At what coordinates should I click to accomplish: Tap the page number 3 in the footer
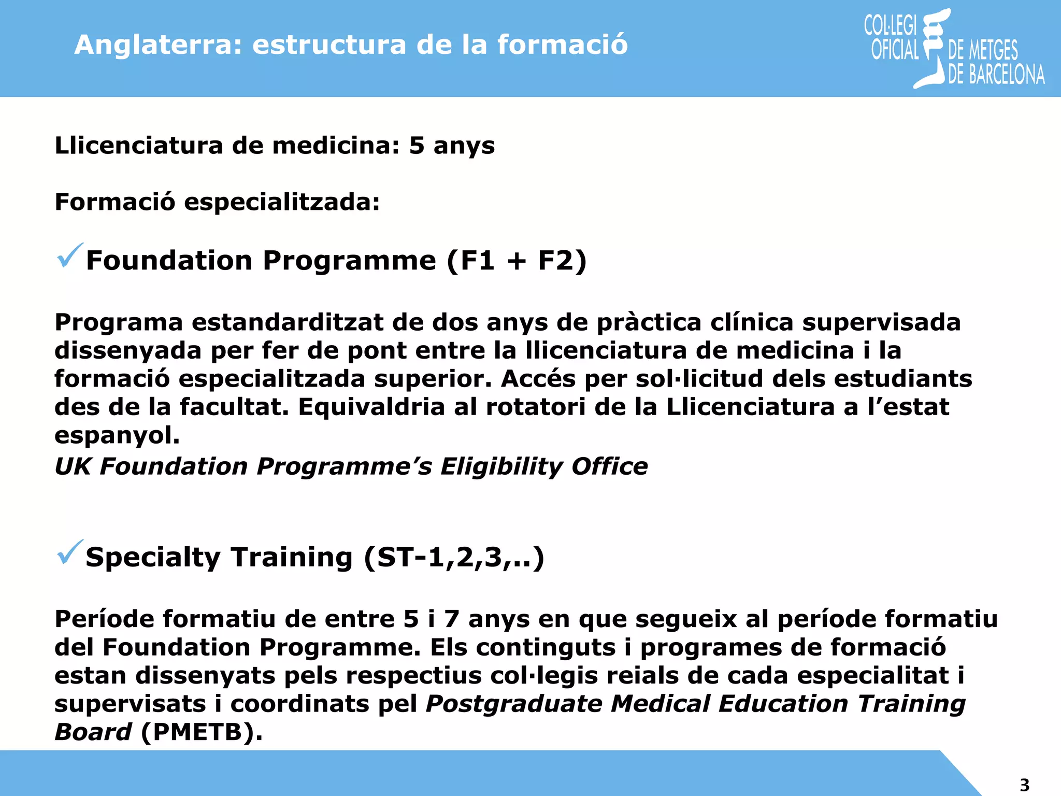pos(1024,785)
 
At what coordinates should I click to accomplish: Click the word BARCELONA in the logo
pos(1007,75)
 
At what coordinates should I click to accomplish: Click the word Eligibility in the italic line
pos(501,466)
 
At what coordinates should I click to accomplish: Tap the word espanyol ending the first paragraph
pos(117,436)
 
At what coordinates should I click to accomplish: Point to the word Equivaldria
pos(371,407)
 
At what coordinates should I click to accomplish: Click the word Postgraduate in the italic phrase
pos(514,704)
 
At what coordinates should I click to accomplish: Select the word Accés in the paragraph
pos(538,379)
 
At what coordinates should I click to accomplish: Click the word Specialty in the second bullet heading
pos(153,558)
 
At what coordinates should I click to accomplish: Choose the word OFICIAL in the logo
pos(895,50)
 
